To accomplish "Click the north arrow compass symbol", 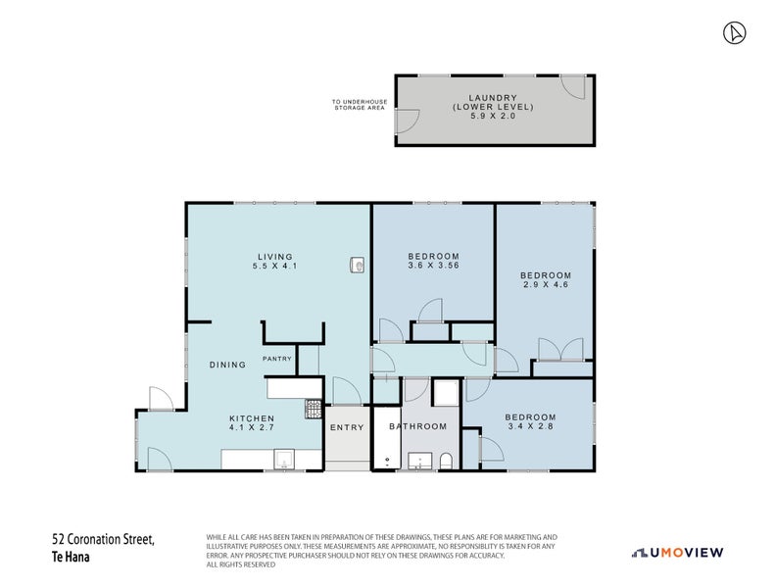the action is [735, 33].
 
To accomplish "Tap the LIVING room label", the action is [275, 257].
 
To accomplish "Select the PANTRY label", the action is [277, 359].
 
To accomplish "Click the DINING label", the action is [228, 365].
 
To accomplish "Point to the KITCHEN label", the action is [252, 418].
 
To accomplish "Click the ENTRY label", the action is [347, 427].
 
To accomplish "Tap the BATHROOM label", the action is [418, 426].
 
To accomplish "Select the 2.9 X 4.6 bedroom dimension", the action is [546, 284].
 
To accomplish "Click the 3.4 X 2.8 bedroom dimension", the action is [531, 425].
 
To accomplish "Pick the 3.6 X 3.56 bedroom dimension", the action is [434, 265].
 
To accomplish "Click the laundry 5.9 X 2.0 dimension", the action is [493, 116].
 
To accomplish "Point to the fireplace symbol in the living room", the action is [358, 265].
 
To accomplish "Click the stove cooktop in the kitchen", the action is [314, 409].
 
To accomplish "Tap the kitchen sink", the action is [284, 460].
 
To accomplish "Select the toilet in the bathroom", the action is [446, 461].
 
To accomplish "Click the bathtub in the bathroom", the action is [386, 438].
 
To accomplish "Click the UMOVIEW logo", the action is [678, 553].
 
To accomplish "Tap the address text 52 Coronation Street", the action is [103, 539].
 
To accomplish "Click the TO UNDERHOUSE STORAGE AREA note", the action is [360, 104].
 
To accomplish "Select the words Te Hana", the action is [71, 557].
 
